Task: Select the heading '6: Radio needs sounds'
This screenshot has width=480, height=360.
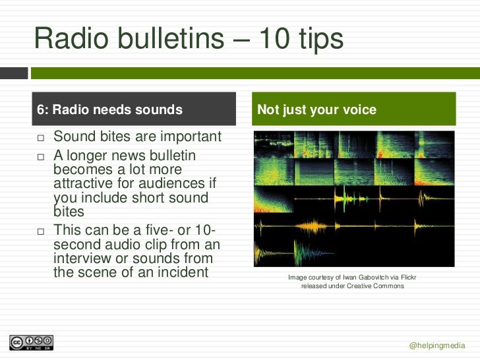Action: (109, 110)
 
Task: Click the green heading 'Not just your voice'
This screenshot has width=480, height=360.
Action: (316, 110)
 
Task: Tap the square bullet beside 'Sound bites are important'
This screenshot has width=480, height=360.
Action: (40, 138)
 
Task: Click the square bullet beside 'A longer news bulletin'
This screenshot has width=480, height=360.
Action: (40, 158)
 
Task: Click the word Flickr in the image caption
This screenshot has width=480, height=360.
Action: (405, 278)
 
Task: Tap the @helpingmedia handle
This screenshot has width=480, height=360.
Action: (437, 345)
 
